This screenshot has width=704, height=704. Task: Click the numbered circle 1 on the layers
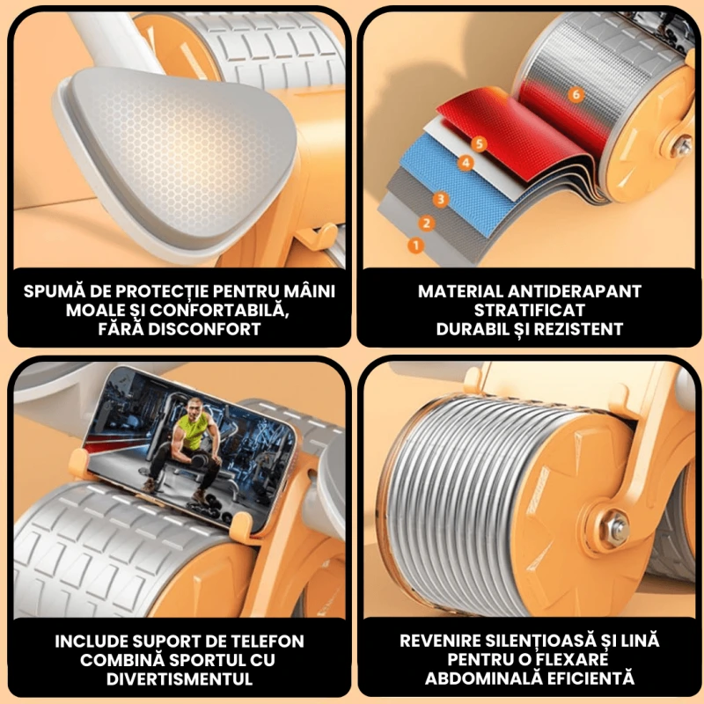pyautogui.click(x=415, y=246)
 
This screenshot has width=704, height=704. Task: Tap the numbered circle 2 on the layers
pyautogui.click(x=427, y=224)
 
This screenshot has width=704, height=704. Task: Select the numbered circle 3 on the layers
pyautogui.click(x=441, y=200)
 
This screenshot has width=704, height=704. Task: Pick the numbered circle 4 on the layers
pyautogui.click(x=466, y=163)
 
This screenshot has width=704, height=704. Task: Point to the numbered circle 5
pyautogui.click(x=479, y=143)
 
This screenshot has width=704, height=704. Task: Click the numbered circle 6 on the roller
pyautogui.click(x=576, y=95)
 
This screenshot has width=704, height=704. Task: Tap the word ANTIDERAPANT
pyautogui.click(x=575, y=291)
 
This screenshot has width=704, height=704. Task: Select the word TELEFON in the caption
pyautogui.click(x=266, y=642)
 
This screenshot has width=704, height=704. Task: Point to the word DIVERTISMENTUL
pyautogui.click(x=180, y=678)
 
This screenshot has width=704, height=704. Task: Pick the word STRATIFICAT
pyautogui.click(x=530, y=311)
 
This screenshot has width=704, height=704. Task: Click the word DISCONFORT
pyautogui.click(x=204, y=329)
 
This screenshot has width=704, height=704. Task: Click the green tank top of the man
pyautogui.click(x=195, y=430)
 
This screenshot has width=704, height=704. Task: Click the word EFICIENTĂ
pyautogui.click(x=591, y=678)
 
